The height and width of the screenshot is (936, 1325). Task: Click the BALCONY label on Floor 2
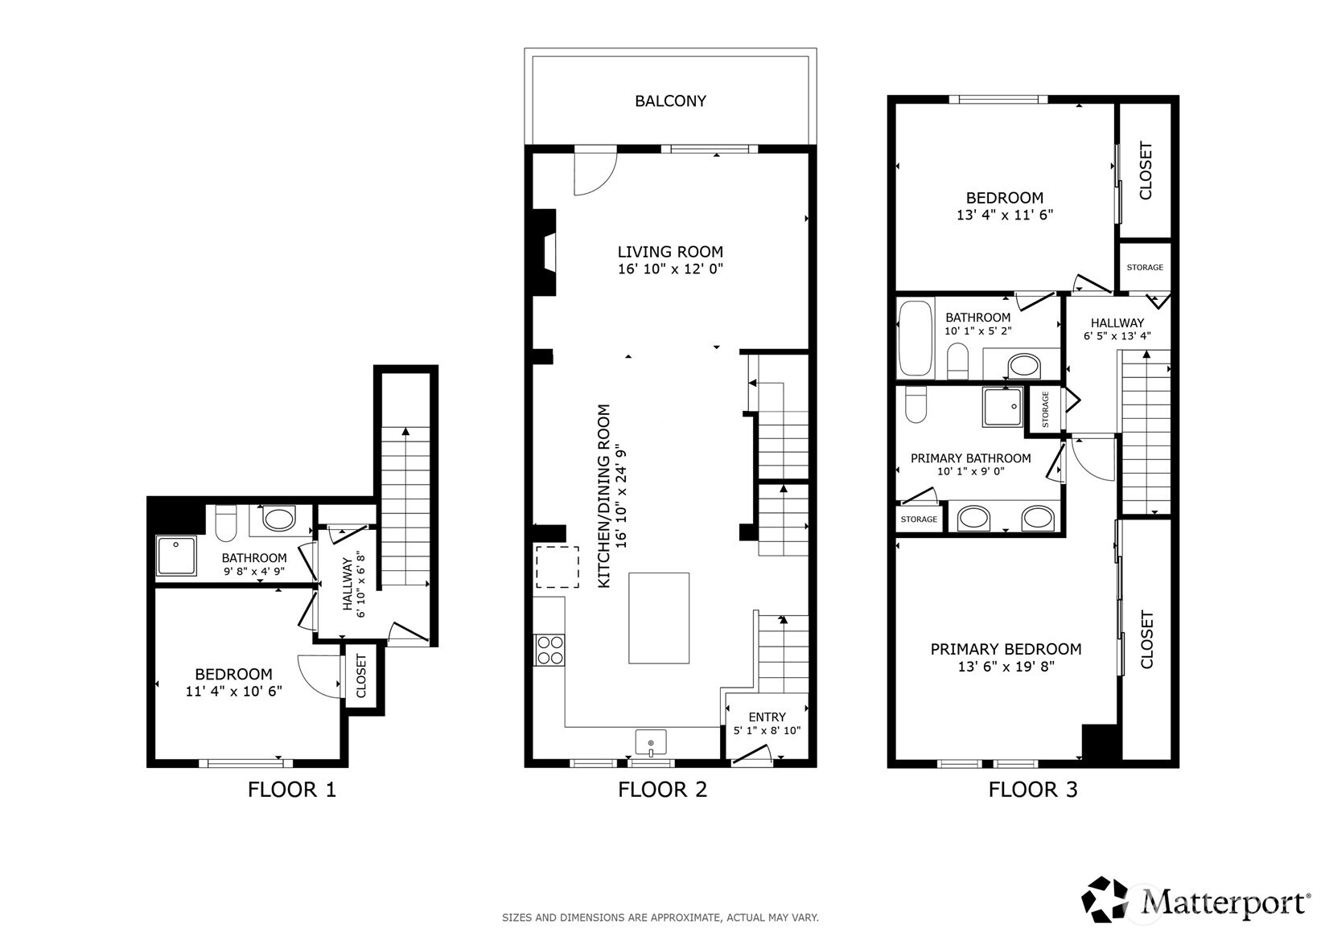click(670, 101)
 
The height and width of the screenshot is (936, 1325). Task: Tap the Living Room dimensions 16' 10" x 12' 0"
click(670, 269)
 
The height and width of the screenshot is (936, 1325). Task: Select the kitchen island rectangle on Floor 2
click(658, 618)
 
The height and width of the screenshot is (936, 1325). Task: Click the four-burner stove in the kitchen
click(549, 650)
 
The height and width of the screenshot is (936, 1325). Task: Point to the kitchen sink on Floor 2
click(651, 743)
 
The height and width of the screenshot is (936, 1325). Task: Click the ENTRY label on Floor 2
click(767, 717)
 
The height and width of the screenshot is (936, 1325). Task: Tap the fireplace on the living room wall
click(545, 252)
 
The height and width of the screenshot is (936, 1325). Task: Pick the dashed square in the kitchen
click(558, 567)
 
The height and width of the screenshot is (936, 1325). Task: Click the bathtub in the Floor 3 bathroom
click(915, 338)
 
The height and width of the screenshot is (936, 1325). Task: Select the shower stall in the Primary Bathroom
click(1002, 406)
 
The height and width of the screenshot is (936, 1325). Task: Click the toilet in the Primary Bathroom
click(916, 404)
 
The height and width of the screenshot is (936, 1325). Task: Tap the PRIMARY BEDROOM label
click(1006, 649)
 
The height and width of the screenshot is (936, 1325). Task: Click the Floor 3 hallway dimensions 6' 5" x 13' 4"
click(1117, 336)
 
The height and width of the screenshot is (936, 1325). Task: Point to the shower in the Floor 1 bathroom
click(175, 555)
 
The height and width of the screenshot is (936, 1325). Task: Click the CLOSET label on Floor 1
click(361, 675)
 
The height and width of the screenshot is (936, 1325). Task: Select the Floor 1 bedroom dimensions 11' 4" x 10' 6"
click(233, 692)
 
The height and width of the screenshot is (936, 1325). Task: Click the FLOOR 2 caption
click(663, 790)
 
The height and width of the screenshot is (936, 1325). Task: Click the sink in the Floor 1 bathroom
click(278, 519)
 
